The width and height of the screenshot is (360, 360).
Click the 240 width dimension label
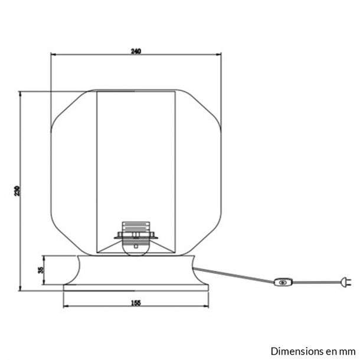[136, 51]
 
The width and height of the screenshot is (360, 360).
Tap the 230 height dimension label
[18, 191]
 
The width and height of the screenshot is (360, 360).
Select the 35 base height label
[41, 270]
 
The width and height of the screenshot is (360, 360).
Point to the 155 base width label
[136, 303]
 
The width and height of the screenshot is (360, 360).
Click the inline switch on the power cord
[283, 282]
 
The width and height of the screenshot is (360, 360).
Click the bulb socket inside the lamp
[136, 238]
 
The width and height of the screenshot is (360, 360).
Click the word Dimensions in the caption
[294, 351]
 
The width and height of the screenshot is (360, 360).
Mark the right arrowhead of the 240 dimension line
[218, 54]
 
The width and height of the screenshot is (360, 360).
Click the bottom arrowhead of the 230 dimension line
[20, 288]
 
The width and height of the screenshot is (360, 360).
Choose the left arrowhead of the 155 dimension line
[66, 306]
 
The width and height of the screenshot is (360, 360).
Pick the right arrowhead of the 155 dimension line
[206, 306]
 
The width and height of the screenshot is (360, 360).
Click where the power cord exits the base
[194, 268]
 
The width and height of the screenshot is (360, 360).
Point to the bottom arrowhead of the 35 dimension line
[44, 282]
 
